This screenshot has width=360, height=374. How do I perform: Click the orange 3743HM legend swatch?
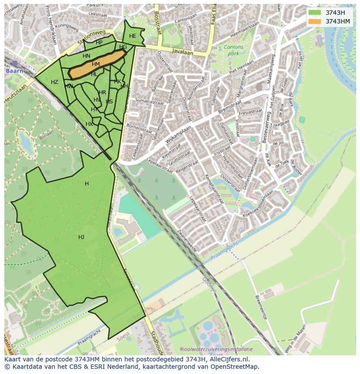(x=315, y=21)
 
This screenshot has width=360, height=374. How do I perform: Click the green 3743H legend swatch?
(x=315, y=13)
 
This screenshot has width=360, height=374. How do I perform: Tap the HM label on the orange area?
(x=96, y=64)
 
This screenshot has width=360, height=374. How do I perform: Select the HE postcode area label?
(x=133, y=36)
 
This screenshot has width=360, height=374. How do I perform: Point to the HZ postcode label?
(x=54, y=82)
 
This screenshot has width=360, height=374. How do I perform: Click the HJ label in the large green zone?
(x=81, y=237)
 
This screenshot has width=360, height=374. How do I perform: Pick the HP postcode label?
(x=99, y=43)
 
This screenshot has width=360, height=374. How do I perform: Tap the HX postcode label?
(x=89, y=124)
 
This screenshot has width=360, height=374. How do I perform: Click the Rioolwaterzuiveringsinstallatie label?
(x=216, y=349)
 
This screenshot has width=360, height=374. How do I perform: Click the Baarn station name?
(x=13, y=70)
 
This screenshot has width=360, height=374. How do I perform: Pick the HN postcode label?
(x=87, y=56)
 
